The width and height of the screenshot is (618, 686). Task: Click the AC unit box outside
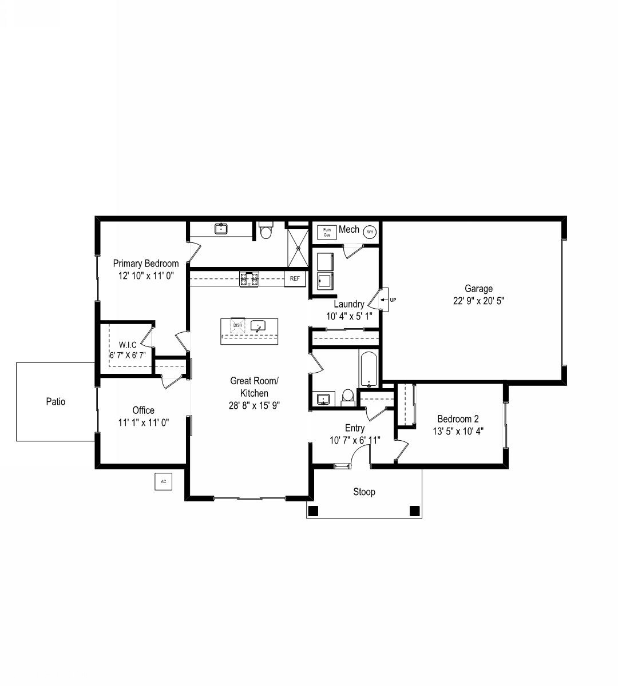point(163,481)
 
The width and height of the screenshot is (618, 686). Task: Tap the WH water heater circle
point(370,232)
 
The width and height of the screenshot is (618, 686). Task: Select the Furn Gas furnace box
point(327,233)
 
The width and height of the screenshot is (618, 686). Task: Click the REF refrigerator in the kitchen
point(295,278)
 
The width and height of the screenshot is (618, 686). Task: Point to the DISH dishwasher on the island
point(237,325)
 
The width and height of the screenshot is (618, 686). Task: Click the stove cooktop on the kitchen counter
point(249,279)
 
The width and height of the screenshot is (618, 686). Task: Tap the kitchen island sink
point(258,326)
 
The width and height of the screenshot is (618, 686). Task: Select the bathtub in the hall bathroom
point(369,369)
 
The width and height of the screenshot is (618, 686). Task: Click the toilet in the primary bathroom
point(266,230)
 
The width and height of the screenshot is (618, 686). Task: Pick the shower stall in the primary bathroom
point(298,248)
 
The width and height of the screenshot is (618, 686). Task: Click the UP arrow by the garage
point(385,300)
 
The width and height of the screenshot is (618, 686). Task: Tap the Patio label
point(56,401)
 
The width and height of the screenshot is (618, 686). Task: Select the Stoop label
point(365,492)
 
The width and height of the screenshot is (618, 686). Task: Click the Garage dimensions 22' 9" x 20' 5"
point(478,301)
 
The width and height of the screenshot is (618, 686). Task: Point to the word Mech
point(349,229)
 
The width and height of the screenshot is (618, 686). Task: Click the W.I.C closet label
point(128,345)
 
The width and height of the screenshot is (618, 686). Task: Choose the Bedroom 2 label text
point(458,419)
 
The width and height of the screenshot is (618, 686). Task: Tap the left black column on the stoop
point(313,511)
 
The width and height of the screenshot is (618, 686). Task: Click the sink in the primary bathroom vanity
point(221,229)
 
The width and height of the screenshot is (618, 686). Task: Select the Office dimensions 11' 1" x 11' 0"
point(144,422)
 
